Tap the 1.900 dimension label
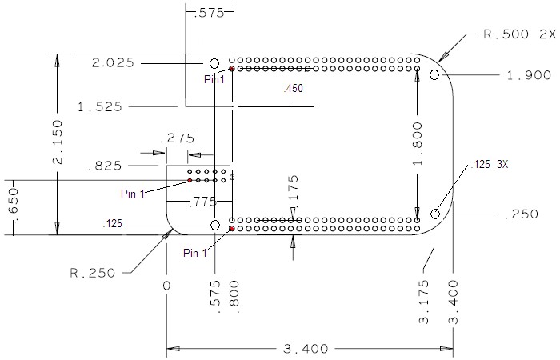pos(529,75)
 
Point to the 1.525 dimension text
pos(100,106)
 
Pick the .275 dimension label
pos(177,138)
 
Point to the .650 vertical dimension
pos(10,207)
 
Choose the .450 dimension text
pos(294,89)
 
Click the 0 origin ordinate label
pos(167,286)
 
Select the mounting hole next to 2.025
pos(214,63)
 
